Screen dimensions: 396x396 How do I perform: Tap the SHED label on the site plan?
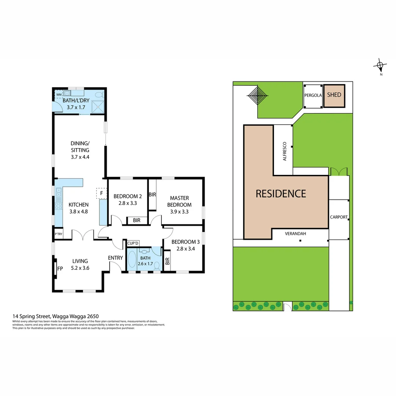(334, 95)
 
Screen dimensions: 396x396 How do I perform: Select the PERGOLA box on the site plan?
(313, 95)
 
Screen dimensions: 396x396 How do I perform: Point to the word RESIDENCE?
(280, 193)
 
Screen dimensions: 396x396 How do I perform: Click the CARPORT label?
(339, 217)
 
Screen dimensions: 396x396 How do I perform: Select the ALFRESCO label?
(284, 152)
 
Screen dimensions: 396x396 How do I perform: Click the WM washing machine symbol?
(59, 95)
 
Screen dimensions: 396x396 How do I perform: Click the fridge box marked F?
(101, 193)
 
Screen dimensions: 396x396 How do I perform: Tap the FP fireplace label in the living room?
(59, 268)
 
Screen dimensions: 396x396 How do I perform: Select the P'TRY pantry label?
(58, 234)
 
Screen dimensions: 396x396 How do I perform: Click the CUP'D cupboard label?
(133, 243)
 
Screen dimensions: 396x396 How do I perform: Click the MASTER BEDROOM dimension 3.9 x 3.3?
(179, 212)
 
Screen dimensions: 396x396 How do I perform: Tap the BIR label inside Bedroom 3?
(167, 261)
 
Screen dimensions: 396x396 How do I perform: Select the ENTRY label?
(115, 258)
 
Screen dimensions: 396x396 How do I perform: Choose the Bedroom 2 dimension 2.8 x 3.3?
(125, 203)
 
